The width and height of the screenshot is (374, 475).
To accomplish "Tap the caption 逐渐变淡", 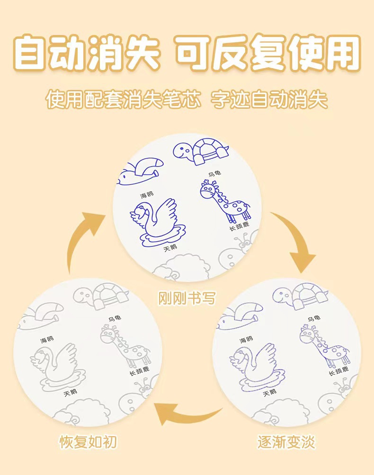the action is coord(286,442).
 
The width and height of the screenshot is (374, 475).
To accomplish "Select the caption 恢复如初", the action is coord(88,442).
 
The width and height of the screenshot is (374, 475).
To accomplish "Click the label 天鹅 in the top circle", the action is coord(170,248).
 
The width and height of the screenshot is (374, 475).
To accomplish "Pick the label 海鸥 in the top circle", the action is coord(146,195).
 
